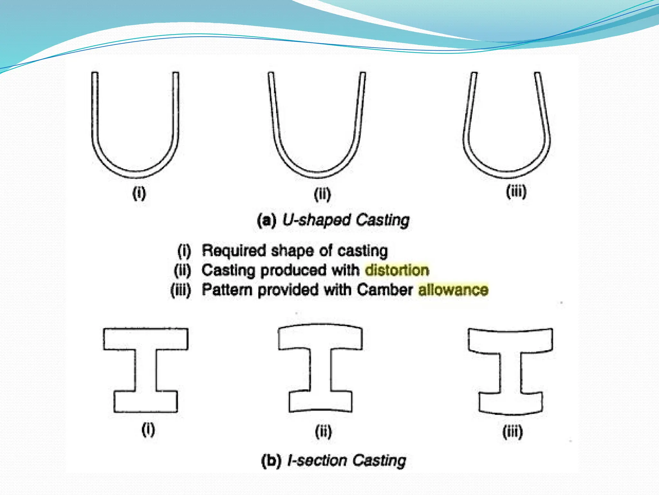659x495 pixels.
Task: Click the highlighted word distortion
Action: pos(397,270)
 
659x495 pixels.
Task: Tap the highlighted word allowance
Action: pos(453,289)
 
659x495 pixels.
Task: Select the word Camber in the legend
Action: pos(385,289)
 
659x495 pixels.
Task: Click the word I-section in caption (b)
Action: pos(317,460)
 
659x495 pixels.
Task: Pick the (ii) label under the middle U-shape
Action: pos(322,194)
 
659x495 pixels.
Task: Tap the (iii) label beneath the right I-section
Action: pos(513,432)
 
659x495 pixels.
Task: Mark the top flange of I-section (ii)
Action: pos(320,337)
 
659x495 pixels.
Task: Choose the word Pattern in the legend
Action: pos(227,289)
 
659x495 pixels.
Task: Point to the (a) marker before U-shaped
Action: pos(267,220)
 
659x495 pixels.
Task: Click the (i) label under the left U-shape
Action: pos(139,193)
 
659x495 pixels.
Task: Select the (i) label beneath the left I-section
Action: pos(148,430)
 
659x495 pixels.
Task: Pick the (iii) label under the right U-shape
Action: pos(516,191)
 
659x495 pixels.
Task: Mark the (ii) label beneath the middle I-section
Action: pos(323,432)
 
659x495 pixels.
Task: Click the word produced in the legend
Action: pos(293,270)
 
